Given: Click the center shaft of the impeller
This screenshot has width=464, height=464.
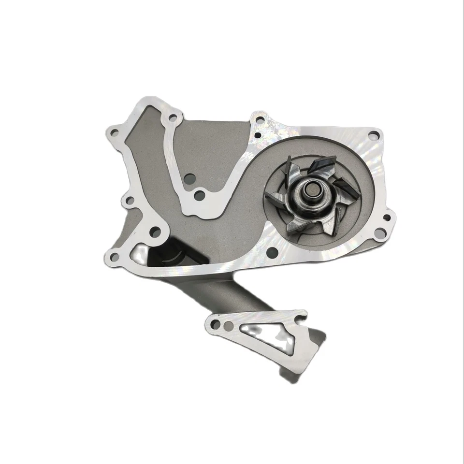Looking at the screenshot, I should point(310,189).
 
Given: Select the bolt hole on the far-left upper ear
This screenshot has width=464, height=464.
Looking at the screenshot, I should point(114,131).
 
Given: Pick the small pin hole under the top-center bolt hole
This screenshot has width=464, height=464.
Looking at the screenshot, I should point(258,136).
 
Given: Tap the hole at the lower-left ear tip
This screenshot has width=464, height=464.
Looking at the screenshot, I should point(114,257).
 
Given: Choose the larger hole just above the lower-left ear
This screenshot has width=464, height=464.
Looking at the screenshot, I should point(154,232).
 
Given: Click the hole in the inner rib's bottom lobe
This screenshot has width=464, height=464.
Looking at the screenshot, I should point(199,196).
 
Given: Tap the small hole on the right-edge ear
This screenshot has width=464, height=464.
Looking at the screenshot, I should point(387,219).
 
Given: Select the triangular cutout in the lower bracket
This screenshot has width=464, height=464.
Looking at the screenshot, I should point(263,333).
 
